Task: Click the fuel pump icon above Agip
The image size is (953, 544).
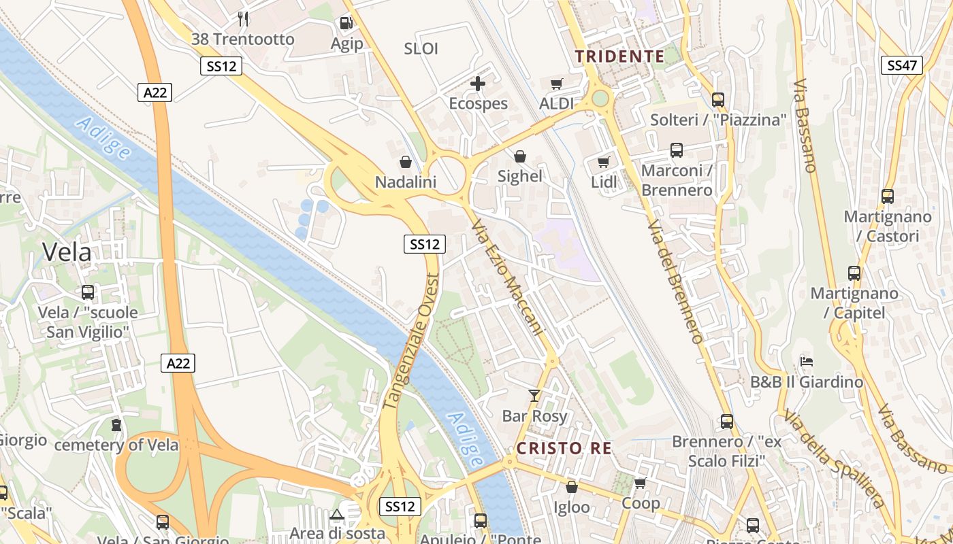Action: coord(346,23)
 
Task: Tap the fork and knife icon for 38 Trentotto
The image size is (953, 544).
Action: coord(243,18)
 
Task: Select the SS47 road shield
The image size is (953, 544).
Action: coord(902,65)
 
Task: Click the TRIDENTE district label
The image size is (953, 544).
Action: coord(619,56)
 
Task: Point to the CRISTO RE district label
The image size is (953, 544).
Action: coord(564,448)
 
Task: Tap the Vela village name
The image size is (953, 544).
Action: coord(67,252)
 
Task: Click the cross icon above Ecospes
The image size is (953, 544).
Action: coord(479,84)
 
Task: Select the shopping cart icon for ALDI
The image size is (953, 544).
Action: coord(557,84)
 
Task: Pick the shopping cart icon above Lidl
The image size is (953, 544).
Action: coord(603,163)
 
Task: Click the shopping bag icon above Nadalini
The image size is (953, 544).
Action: coord(406,162)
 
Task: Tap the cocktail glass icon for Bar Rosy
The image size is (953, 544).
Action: coord(534,396)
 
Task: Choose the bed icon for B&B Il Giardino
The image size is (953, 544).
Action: coord(807,361)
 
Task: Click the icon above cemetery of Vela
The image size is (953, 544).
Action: coord(116,426)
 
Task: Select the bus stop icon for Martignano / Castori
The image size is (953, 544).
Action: coord(888,197)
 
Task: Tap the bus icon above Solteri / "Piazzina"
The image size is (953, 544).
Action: coord(718,100)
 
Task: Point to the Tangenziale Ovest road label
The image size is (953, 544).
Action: coord(410,341)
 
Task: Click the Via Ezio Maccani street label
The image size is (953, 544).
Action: coord(510,279)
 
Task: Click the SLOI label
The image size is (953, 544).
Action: coord(421,49)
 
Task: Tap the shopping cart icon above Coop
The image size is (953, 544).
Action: coord(640,483)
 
